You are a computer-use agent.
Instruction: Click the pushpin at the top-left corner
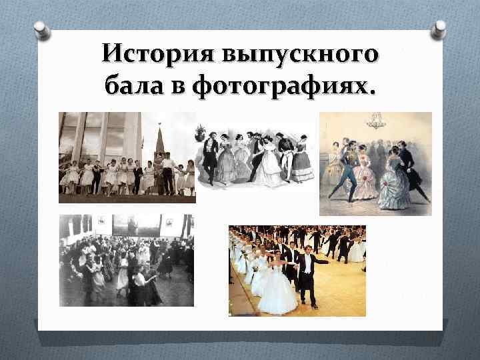click(41, 30)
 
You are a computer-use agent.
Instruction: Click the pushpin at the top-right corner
click(439, 29)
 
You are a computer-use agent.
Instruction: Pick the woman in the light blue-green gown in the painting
click(397, 183)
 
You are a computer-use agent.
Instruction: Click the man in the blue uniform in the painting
click(345, 170)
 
